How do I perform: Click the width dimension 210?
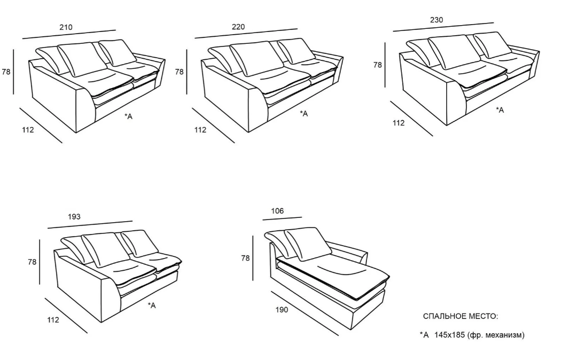(66, 27)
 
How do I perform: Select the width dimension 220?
(238, 27)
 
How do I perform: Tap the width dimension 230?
(437, 20)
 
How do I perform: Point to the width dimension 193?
(74, 217)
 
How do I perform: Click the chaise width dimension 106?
(277, 211)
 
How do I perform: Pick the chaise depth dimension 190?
(282, 310)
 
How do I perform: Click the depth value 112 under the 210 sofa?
(28, 130)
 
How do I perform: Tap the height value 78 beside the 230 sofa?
(377, 65)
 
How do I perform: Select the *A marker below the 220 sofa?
(304, 114)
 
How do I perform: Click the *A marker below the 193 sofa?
(152, 306)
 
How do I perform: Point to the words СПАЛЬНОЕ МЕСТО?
(461, 316)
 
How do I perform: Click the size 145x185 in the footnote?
(450, 335)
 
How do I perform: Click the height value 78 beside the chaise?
(245, 258)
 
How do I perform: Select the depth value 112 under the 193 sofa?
(53, 320)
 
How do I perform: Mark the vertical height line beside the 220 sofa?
(187, 72)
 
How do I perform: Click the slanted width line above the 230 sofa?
(443, 27)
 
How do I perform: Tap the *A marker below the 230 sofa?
(500, 110)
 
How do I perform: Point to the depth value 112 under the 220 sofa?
(200, 130)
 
